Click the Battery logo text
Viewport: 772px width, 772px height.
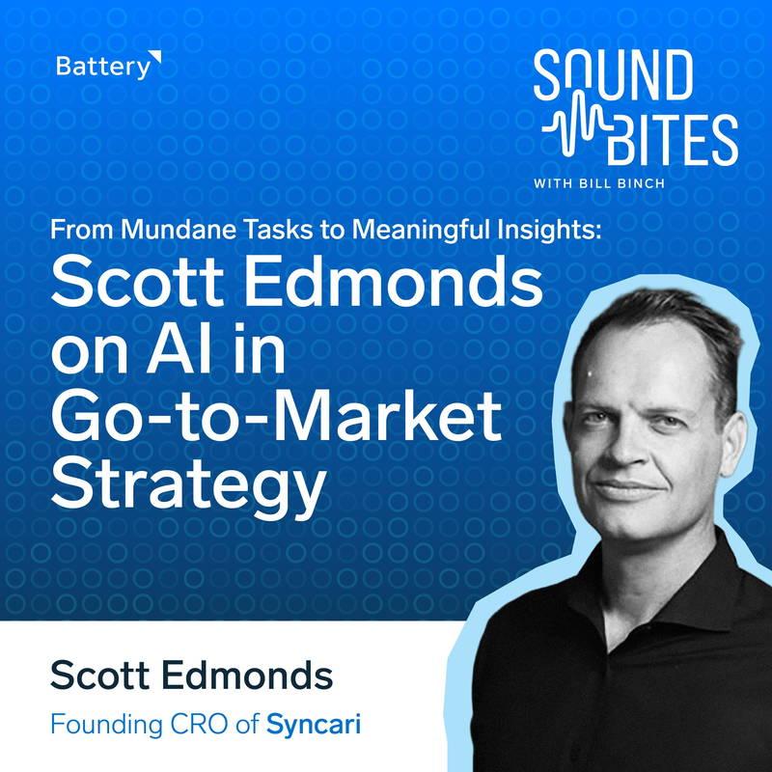pyautogui.click(x=103, y=67)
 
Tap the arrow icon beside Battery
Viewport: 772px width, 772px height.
pyautogui.click(x=156, y=58)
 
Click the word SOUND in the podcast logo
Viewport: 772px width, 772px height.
pyautogui.click(x=614, y=75)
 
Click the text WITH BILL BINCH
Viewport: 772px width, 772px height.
pyautogui.click(x=599, y=183)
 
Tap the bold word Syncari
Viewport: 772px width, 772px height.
pyautogui.click(x=313, y=725)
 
